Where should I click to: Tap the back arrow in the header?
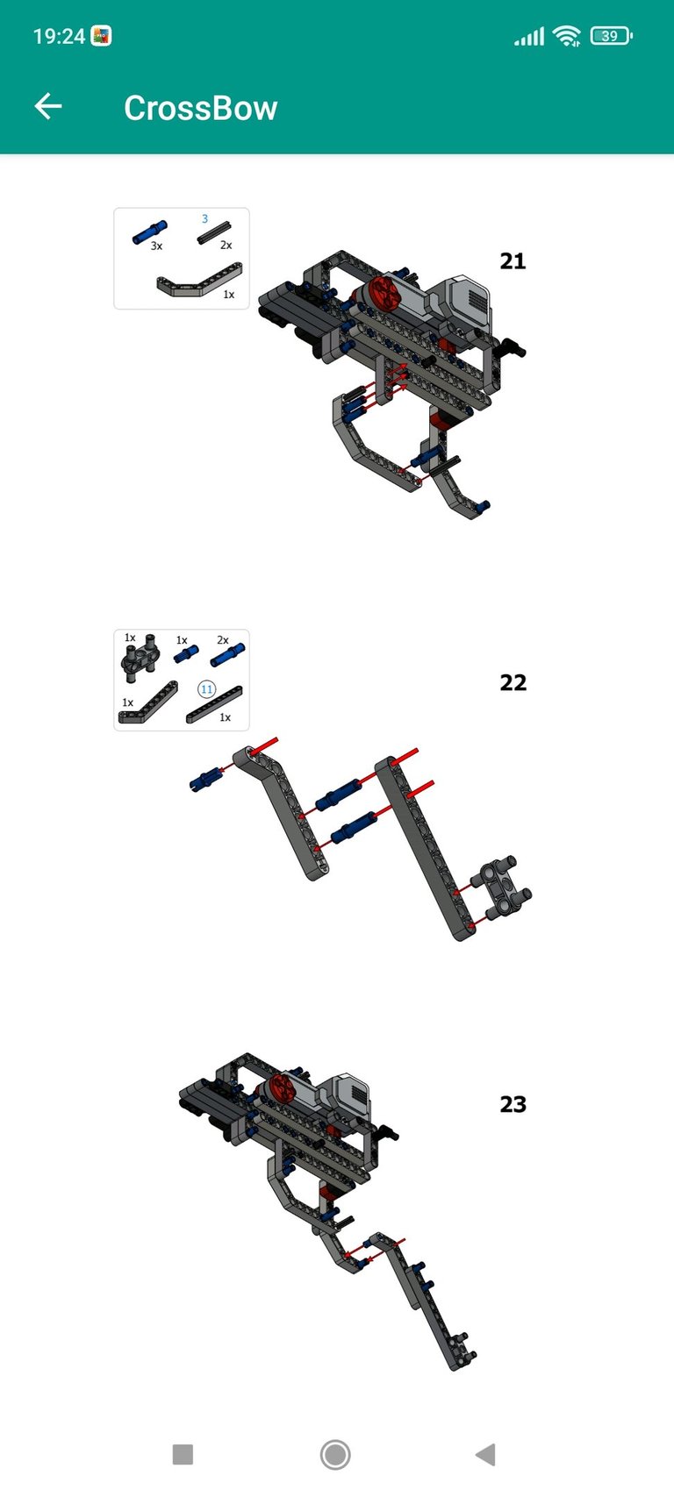point(48,106)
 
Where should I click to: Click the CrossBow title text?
point(201,108)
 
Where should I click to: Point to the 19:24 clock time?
point(60,36)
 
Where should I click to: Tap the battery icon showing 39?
point(611,35)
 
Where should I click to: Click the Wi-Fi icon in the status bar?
point(567,36)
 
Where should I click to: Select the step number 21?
point(513,260)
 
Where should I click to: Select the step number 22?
point(513,682)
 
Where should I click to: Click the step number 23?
point(513,1104)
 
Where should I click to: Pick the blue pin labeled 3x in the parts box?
point(150,232)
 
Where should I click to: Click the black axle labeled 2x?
point(214,232)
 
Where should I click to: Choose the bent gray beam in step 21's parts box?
point(199,281)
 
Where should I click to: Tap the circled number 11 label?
point(206,689)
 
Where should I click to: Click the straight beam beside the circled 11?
point(214,704)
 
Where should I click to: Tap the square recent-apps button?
point(183,1454)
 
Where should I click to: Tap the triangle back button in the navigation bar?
point(486,1454)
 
